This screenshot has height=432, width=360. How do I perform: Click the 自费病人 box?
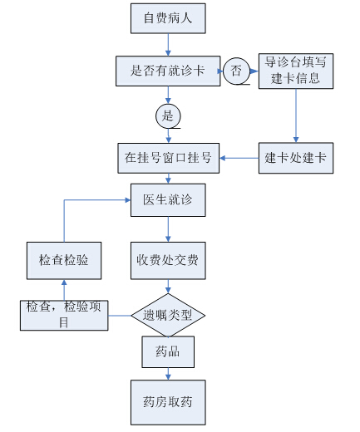click(168, 18)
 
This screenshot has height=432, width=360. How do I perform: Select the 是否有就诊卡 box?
click(168, 71)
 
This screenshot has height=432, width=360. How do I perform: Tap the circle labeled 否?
click(236, 71)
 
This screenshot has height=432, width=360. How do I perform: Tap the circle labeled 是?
click(168, 116)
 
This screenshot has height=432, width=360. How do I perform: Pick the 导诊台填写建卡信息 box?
click(296, 71)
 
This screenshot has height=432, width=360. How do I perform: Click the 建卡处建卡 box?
click(296, 158)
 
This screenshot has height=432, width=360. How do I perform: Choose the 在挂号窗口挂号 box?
click(169, 158)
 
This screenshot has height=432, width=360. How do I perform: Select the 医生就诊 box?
click(168, 200)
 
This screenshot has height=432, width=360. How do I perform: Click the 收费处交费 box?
click(168, 261)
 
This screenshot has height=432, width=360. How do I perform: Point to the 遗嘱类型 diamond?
click(168, 315)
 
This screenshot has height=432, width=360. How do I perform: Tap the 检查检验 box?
click(64, 261)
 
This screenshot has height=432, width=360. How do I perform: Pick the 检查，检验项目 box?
click(64, 316)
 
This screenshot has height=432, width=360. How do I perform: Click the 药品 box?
click(168, 352)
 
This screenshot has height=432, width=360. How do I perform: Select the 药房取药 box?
click(168, 402)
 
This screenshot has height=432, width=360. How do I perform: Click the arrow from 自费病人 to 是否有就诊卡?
click(168, 45)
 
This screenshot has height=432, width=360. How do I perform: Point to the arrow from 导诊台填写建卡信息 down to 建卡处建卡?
click(296, 115)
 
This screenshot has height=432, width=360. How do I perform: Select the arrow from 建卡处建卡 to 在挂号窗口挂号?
click(239, 158)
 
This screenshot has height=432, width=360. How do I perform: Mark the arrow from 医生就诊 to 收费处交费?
click(168, 229)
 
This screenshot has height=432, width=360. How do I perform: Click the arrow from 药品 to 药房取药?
click(168, 374)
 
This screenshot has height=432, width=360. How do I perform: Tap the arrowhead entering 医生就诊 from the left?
click(128, 200)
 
